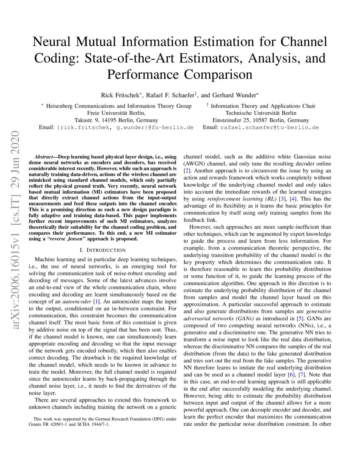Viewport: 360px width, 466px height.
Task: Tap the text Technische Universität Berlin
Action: pos(261,113)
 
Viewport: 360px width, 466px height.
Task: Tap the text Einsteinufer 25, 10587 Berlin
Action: pos(260,120)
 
